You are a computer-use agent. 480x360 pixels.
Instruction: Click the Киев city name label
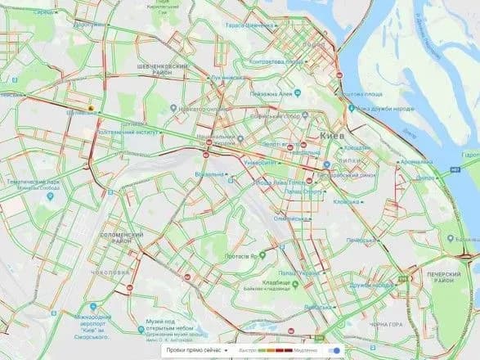pos(331,133)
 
